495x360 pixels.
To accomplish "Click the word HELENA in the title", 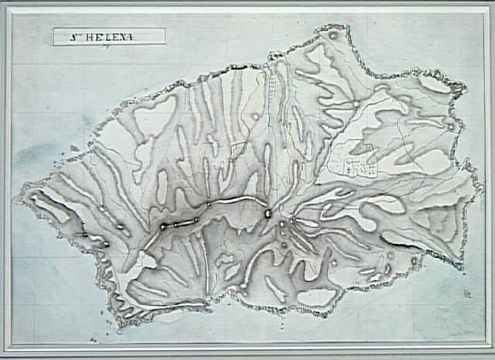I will click(116, 36).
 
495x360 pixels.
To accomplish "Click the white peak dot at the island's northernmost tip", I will click(333, 35).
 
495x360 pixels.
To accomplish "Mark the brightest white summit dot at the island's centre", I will click(268, 214).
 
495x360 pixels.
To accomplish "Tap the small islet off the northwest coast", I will click(74, 147).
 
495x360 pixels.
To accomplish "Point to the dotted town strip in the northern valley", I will click(273, 81).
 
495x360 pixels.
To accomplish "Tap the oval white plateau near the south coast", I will click(316, 297).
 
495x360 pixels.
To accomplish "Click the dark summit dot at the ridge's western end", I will click(163, 226).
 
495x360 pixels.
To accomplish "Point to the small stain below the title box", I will click(107, 48).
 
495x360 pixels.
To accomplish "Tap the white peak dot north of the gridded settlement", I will click(356, 103).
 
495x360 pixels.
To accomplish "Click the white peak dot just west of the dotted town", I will click(255, 117).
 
